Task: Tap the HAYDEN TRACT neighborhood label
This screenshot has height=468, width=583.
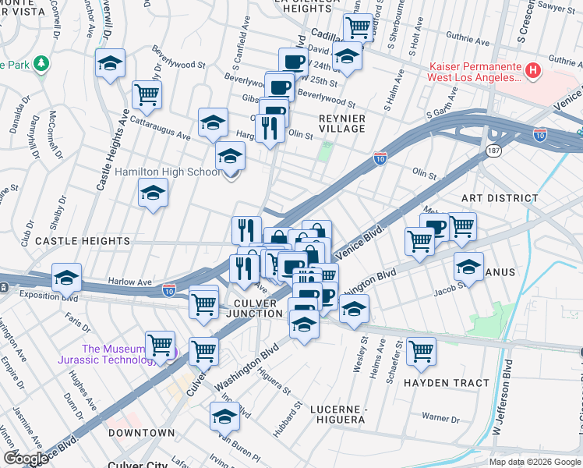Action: pos(447,383)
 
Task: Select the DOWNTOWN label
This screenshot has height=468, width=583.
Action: pos(141,432)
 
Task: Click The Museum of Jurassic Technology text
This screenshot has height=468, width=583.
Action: pos(115,354)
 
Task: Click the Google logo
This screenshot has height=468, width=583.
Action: pos(26,459)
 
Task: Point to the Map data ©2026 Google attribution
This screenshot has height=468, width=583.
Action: pos(534,462)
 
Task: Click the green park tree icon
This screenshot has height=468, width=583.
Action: pos(39,63)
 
